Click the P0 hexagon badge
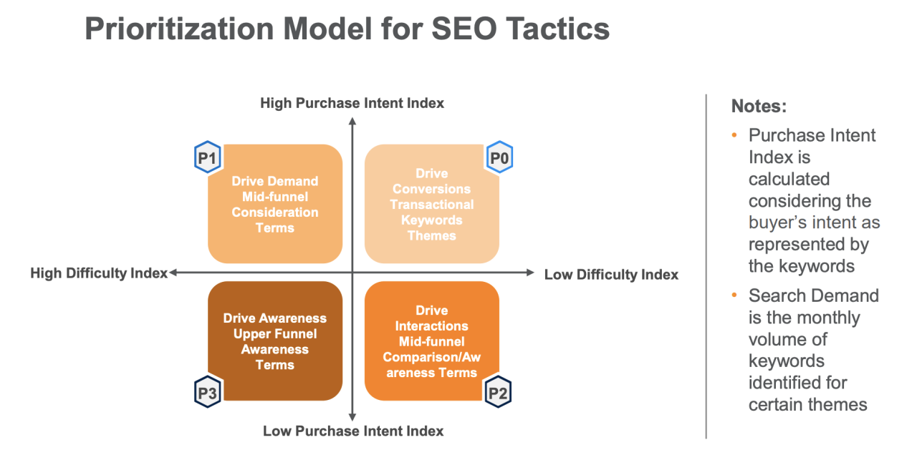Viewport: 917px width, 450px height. (499, 157)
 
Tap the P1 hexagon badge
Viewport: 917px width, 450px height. (208, 157)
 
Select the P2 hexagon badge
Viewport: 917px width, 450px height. (499, 392)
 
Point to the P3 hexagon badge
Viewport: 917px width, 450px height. (208, 392)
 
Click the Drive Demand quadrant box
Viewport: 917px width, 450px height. (275, 204)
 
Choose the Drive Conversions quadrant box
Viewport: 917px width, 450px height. (431, 204)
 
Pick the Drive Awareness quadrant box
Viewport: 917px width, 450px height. (275, 341)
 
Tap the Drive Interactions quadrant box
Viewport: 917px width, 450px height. (431, 341)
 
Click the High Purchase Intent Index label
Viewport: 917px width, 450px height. (352, 104)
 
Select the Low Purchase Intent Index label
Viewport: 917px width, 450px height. (353, 431)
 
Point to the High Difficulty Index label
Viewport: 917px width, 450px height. (98, 273)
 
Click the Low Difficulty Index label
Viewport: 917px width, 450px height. (611, 275)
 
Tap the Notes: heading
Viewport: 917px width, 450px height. (759, 107)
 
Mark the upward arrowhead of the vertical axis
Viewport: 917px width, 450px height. (352, 121)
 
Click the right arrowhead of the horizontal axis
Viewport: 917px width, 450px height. (530, 273)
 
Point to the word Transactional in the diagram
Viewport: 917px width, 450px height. (431, 205)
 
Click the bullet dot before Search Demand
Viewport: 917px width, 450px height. (734, 295)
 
